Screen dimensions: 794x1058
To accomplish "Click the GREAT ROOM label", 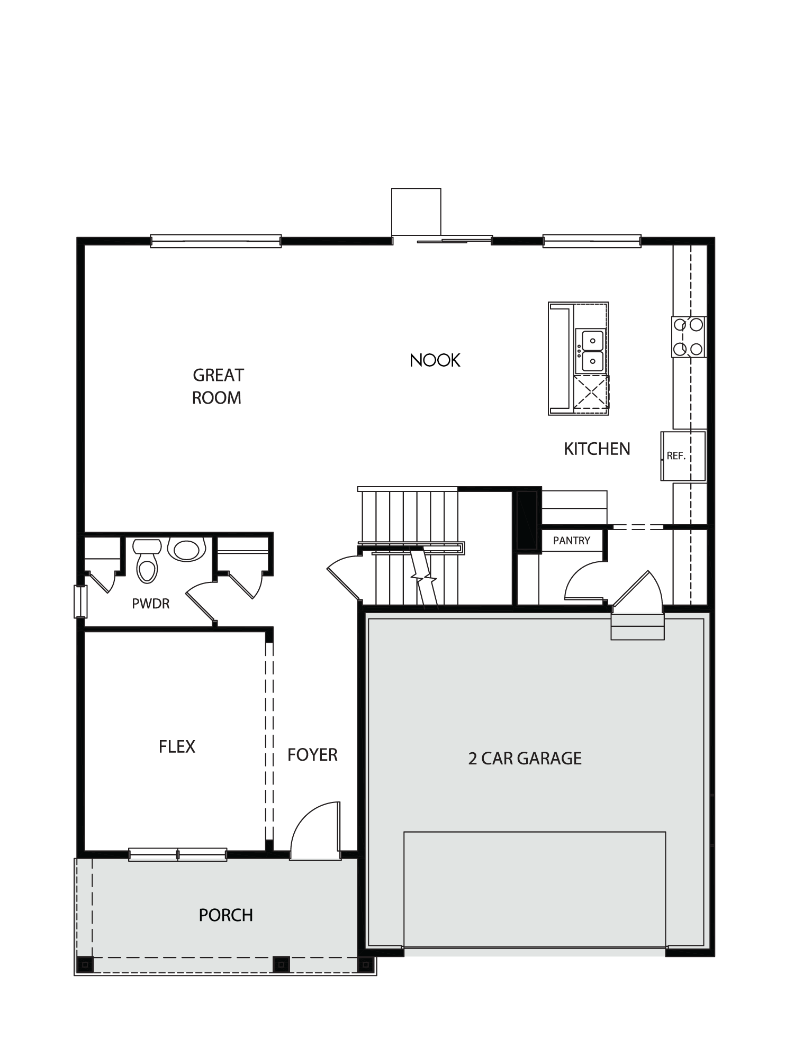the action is pyautogui.click(x=217, y=386).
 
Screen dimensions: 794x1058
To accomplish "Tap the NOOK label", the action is pyautogui.click(x=435, y=360).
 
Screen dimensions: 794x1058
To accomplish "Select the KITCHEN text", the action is pyautogui.click(x=597, y=449).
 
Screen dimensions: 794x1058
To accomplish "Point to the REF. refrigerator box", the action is pyautogui.click(x=683, y=456).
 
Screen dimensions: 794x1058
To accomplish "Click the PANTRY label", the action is pyautogui.click(x=572, y=541).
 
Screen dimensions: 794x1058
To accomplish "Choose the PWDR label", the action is pyautogui.click(x=151, y=604).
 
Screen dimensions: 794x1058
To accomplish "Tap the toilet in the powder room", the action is pyautogui.click(x=147, y=560).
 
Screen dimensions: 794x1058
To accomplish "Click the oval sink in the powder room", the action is pyautogui.click(x=186, y=549).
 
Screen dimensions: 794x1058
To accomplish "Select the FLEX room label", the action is pyautogui.click(x=177, y=746).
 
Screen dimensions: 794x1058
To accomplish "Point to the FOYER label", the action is pyautogui.click(x=312, y=754).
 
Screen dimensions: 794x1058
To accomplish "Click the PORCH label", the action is pyautogui.click(x=226, y=915).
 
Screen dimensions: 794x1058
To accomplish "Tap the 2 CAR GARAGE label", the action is pyautogui.click(x=525, y=759).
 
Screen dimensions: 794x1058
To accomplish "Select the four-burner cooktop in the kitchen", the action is pyautogui.click(x=689, y=336).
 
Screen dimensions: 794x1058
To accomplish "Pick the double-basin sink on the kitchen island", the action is pyautogui.click(x=591, y=351).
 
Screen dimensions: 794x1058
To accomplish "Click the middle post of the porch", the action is pyautogui.click(x=282, y=964).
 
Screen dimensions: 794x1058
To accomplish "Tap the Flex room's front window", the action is pyautogui.click(x=178, y=854).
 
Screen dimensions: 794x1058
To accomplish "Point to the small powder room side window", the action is pyautogui.click(x=80, y=601).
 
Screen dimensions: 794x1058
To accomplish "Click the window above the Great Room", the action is pyautogui.click(x=215, y=242).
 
